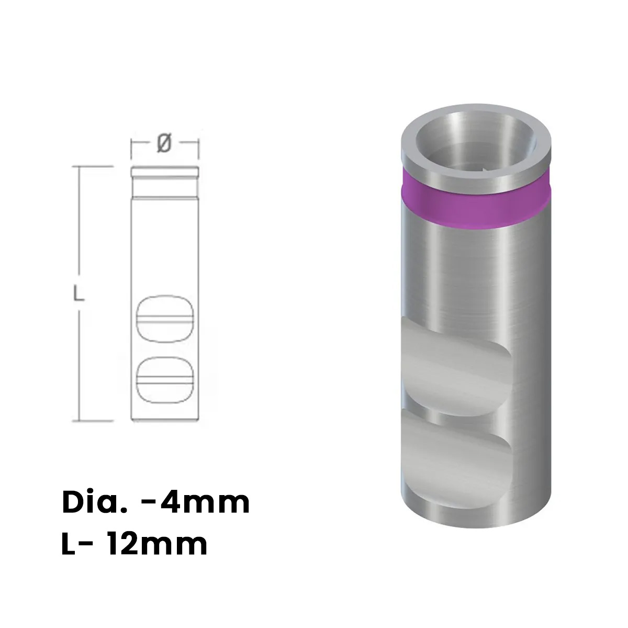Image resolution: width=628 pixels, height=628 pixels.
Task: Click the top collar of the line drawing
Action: (x=164, y=171)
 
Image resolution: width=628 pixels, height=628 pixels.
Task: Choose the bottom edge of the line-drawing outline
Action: (x=164, y=420)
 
